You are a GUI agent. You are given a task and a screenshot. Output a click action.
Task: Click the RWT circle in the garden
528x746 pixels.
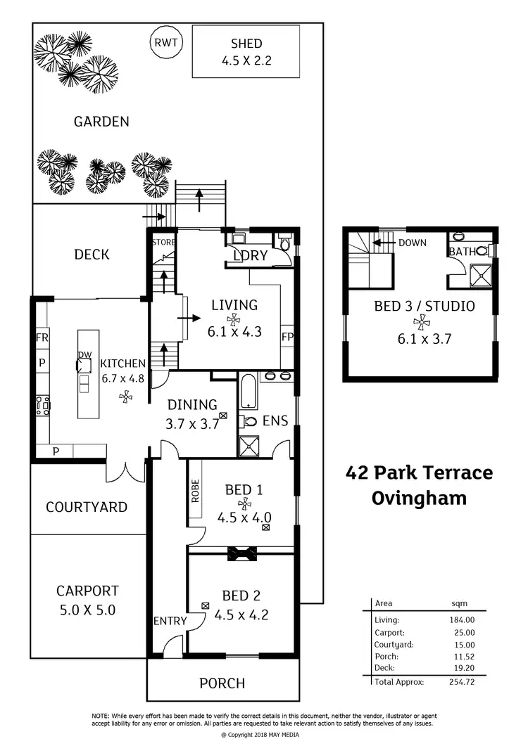click(167, 43)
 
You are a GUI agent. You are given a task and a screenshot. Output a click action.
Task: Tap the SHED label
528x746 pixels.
click(246, 44)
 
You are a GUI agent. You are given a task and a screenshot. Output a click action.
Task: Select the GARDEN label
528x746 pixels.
click(101, 122)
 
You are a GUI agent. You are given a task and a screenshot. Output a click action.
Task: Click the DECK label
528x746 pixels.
click(92, 255)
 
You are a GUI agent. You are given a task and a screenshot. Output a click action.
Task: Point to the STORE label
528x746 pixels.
click(162, 243)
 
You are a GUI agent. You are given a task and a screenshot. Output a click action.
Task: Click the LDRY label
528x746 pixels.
click(251, 256)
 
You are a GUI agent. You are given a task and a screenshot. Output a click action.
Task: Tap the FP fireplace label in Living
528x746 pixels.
click(287, 337)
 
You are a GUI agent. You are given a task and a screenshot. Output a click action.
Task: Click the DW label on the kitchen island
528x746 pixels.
click(84, 355)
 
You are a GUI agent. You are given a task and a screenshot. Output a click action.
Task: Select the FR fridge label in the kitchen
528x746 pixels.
click(42, 338)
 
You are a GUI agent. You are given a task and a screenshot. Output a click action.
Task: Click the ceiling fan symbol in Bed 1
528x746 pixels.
click(244, 503)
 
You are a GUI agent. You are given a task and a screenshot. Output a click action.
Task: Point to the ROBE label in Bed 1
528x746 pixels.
click(195, 491)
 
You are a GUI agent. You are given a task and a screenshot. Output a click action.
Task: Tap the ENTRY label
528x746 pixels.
click(170, 621)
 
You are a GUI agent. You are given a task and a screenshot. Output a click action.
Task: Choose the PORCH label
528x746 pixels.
click(222, 683)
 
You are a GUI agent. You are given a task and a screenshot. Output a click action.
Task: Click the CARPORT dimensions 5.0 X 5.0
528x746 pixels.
click(87, 610)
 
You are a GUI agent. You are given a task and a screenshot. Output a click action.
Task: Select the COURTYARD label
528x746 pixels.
click(87, 507)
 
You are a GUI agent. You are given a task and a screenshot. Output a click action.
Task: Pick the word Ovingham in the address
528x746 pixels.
click(419, 499)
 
